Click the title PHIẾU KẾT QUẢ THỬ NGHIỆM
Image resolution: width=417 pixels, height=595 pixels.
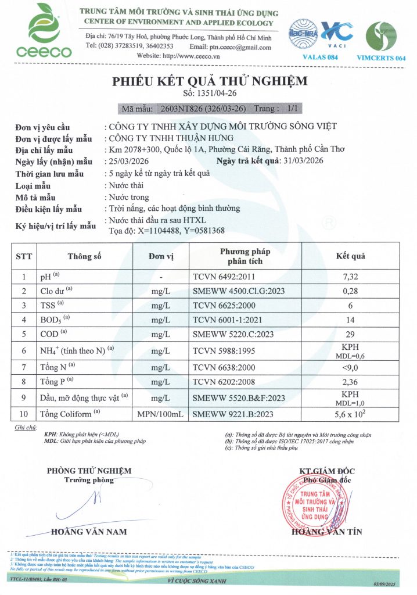click(210, 81)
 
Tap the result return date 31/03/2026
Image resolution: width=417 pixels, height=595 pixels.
click(303, 161)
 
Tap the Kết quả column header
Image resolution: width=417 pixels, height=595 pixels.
click(351, 256)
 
